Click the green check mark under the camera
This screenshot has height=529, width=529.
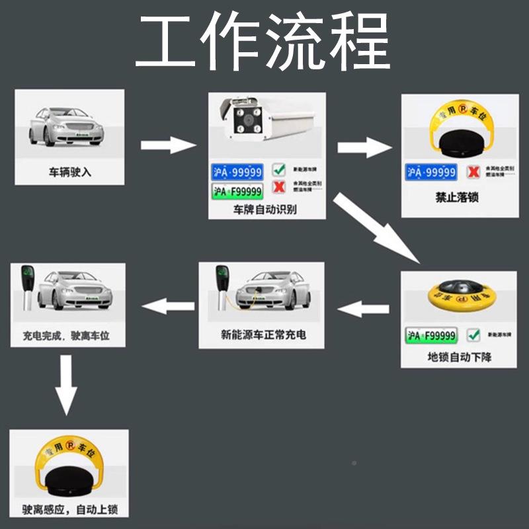(279, 171)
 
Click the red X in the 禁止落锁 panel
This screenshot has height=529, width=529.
(473, 172)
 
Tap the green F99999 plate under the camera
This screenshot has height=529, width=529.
(237, 192)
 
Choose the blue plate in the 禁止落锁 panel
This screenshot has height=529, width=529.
(432, 173)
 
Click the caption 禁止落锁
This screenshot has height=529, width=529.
(456, 198)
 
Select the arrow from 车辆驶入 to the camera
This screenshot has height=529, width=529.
(169, 145)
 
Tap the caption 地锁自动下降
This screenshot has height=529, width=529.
(459, 358)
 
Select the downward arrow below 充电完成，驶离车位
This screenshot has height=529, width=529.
(67, 393)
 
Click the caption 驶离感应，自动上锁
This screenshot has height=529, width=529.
(69, 510)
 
